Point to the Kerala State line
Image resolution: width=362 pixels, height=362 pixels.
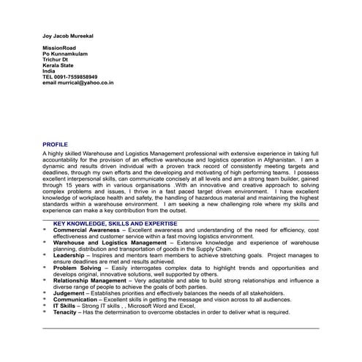point(59,69)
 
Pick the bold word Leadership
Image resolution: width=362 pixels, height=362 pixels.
point(69,256)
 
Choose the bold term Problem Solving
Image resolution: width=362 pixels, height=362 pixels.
point(75,268)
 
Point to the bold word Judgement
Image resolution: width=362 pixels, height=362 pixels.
point(69,294)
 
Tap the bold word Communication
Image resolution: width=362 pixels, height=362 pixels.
point(75,300)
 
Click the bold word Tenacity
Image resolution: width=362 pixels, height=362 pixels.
point(65,313)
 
